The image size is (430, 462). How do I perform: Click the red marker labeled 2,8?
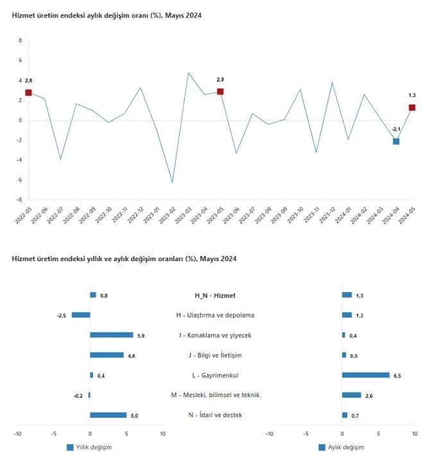click(28, 93)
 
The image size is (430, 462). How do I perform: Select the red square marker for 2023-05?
click(220, 92)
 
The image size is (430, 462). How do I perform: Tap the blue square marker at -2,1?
click(396, 141)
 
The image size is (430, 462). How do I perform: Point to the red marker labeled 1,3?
click(412, 108)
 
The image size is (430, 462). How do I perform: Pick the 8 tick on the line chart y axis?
click(20, 40)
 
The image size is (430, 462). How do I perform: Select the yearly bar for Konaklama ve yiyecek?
click(112, 335)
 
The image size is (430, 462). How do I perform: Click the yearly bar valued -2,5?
click(81, 315)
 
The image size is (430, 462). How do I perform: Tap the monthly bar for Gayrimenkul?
click(366, 375)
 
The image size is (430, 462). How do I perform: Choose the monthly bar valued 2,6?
click(352, 395)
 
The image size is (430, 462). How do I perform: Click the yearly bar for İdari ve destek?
click(108, 415)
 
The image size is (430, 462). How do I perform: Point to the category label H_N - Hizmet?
click(215, 296)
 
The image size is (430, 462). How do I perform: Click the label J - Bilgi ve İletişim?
click(215, 355)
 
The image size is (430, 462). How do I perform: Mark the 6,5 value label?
click(397, 375)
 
